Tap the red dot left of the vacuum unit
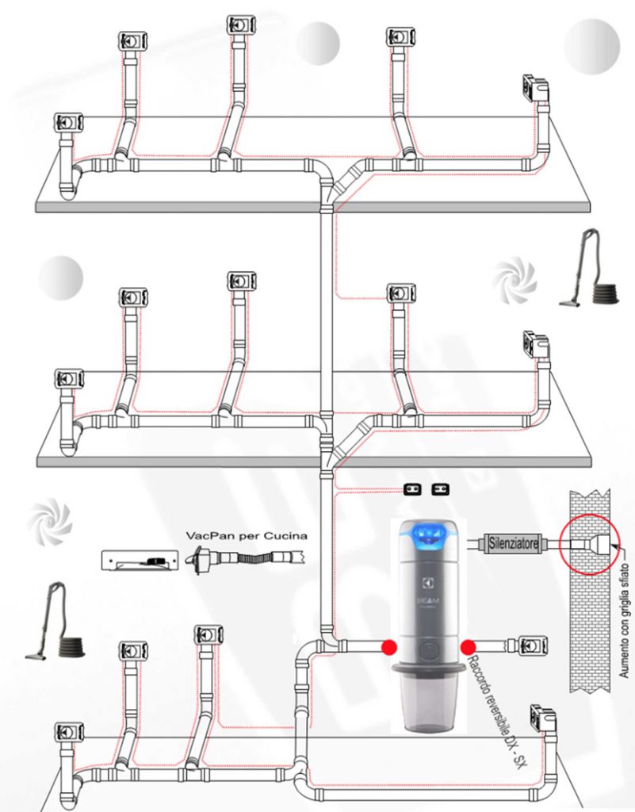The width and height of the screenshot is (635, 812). click(389, 647)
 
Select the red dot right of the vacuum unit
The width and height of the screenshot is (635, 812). click(468, 647)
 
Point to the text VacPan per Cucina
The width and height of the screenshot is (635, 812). click(247, 535)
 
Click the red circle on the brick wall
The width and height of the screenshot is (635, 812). click(590, 544)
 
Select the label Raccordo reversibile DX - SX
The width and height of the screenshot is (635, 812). click(495, 714)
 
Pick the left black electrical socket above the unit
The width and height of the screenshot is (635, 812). click(412, 489)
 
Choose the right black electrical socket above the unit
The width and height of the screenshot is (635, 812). click(441, 489)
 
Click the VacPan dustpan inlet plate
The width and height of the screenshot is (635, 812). click(140, 561)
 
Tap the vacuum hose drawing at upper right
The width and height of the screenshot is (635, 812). click(590, 270)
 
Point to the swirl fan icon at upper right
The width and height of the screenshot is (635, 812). click(514, 281)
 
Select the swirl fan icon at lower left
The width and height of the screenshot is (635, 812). click(49, 522)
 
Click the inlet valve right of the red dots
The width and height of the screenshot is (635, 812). click(532, 645)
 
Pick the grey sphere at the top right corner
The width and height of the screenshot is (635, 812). click(591, 47)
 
